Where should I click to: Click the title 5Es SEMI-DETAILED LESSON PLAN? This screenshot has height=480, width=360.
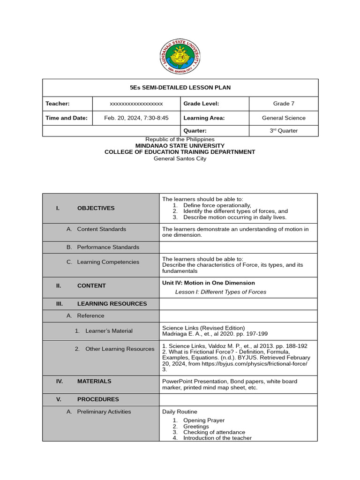click(180, 88)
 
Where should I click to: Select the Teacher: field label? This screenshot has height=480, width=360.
click(58, 104)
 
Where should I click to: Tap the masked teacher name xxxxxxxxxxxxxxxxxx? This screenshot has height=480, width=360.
click(136, 104)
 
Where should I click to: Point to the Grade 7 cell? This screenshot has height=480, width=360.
click(284, 104)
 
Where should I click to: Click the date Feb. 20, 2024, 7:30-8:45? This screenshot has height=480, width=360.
click(136, 118)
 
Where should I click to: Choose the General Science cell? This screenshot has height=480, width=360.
click(284, 118)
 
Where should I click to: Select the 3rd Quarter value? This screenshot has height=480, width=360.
click(284, 131)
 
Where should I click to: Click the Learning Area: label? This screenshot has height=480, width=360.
click(204, 118)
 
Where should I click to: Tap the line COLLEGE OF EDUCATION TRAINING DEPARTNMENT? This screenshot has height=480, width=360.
click(180, 152)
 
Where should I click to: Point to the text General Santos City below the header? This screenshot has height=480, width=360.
click(180, 158)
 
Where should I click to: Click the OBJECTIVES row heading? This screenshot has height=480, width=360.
click(96, 208)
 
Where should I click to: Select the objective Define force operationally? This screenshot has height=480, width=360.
click(217, 205)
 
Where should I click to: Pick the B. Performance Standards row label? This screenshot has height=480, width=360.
click(108, 247)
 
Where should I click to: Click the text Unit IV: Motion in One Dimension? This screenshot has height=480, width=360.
click(209, 283)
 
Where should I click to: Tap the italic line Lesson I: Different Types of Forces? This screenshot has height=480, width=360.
click(220, 292)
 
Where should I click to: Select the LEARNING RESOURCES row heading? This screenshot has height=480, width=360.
click(112, 304)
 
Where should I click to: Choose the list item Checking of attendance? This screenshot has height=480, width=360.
click(214, 432)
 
